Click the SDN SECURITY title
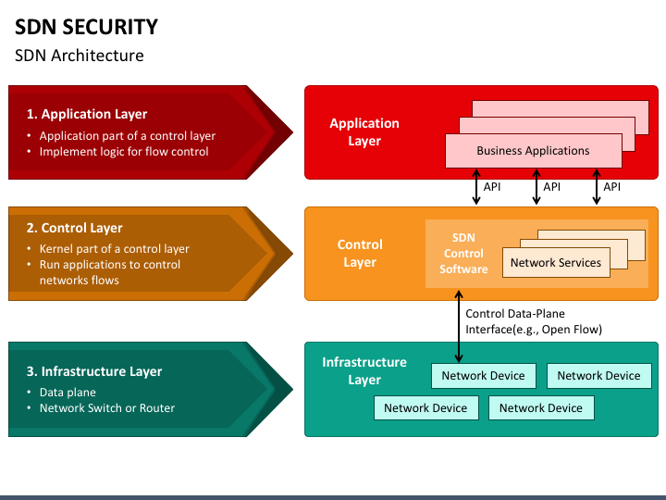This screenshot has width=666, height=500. pos(86,27)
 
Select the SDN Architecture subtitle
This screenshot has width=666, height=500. pos(79,56)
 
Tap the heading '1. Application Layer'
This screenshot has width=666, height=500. pos(86,114)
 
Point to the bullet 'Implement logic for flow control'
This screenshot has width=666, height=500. pos(124,151)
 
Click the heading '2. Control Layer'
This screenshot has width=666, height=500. pos(74,228)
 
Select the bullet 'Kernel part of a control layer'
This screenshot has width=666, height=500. pos(114,249)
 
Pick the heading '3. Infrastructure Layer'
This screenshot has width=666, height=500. pos(93,371)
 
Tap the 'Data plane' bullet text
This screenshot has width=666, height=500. pos(68,393)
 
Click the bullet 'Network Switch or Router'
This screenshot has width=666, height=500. pos(106,407)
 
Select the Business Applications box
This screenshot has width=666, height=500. pos(533,151)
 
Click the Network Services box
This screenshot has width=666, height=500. pos(555,263)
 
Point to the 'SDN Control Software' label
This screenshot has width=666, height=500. pos(463,254)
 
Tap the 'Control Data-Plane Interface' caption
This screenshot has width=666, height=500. pos(533,321)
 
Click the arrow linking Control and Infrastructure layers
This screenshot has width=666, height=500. pos(459,324)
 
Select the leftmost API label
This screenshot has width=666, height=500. pos(492,187)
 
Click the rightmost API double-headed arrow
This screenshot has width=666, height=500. pos(596,187)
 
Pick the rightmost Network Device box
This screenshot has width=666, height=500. pos(598,376)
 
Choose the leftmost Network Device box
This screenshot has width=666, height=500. pos(425,408)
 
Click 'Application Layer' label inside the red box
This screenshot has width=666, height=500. pos(364,132)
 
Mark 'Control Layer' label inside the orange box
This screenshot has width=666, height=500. pos(360,254)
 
